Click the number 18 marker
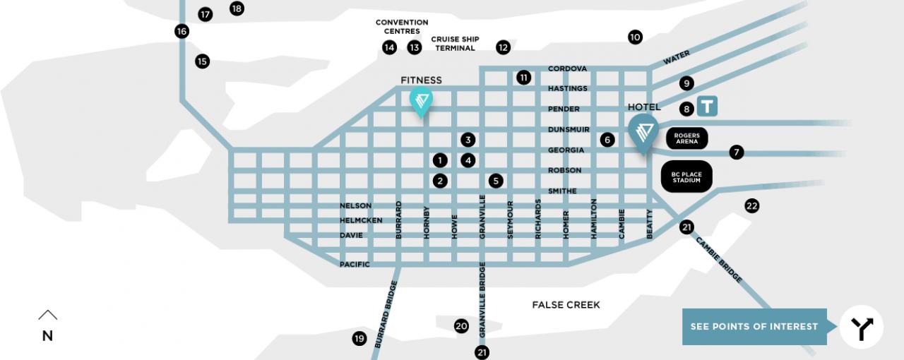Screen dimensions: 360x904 [237, 8]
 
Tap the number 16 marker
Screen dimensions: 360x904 [182, 31]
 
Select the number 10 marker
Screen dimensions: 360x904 [635, 37]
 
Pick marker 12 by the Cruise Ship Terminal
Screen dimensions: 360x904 [503, 47]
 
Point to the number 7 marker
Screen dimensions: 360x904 [737, 152]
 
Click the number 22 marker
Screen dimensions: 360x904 [751, 206]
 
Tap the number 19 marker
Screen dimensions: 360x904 [359, 339]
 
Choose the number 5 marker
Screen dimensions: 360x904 [496, 181]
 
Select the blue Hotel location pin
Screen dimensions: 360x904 [643, 132]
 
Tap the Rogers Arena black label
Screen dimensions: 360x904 [686, 138]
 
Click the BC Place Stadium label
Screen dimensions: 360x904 [686, 176]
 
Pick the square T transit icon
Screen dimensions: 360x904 [708, 107]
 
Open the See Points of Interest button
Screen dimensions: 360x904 [754, 327]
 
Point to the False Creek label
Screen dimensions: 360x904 [566, 305]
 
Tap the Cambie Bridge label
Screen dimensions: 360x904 [719, 260]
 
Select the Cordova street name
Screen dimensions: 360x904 [567, 68]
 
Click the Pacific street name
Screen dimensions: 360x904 [355, 264]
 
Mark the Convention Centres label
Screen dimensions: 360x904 [402, 27]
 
